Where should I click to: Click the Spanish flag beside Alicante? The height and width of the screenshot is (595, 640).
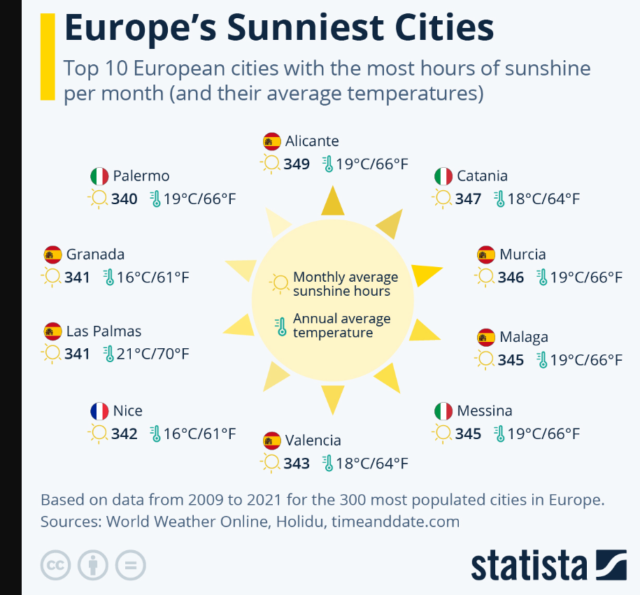272,141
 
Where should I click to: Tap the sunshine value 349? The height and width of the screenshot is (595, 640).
297,164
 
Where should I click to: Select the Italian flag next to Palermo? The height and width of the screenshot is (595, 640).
99,176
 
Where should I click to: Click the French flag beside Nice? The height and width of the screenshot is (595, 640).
99,411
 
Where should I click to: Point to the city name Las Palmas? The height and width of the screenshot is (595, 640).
104,331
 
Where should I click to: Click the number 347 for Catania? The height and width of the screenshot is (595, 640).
468,199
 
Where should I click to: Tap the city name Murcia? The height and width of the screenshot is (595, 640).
522,255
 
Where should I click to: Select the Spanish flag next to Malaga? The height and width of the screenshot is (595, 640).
486,338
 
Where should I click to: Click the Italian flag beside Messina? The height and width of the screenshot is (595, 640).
443,411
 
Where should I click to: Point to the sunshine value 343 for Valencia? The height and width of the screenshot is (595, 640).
297,463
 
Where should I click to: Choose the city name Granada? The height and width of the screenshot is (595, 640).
95,255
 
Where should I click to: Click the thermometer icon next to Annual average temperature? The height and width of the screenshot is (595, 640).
280,326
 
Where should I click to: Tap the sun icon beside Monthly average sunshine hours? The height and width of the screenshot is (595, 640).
280,283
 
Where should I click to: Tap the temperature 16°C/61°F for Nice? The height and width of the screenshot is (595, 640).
199,433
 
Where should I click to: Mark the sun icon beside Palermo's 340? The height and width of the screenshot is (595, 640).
97,199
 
